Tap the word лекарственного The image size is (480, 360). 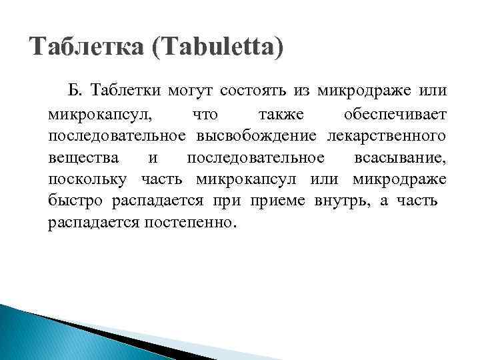coord(387,137)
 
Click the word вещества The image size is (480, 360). coord(84,158)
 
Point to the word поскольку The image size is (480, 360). coord(90,180)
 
